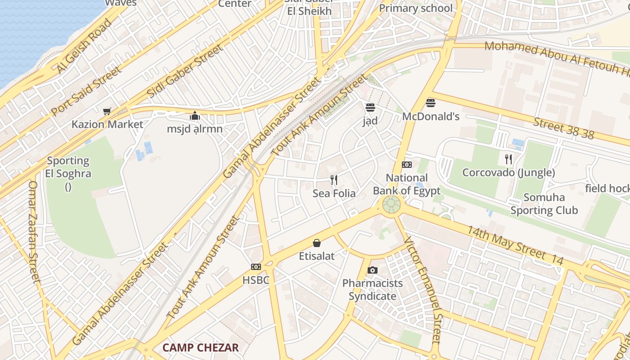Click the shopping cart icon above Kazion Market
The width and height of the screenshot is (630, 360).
[107, 111]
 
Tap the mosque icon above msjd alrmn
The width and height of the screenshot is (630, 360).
[195, 116]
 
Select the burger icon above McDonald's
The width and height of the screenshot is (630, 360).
[431, 103]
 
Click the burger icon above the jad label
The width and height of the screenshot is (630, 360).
[370, 108]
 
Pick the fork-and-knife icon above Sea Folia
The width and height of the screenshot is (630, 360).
[334, 180]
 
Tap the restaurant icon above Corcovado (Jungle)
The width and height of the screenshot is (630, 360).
[508, 159]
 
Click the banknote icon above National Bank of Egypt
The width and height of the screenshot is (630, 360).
[407, 165]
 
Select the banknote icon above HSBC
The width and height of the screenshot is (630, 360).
[256, 267]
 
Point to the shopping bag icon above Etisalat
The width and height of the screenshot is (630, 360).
[317, 243]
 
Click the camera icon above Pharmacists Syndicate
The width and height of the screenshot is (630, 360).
[372, 270]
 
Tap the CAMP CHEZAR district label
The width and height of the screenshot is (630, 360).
[200, 347]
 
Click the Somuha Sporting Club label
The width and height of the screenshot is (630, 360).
[544, 204]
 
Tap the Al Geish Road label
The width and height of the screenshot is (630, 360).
[84, 46]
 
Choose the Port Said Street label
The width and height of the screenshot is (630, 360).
[86, 91]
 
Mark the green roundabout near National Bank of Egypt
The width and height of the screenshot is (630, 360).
[391, 206]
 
